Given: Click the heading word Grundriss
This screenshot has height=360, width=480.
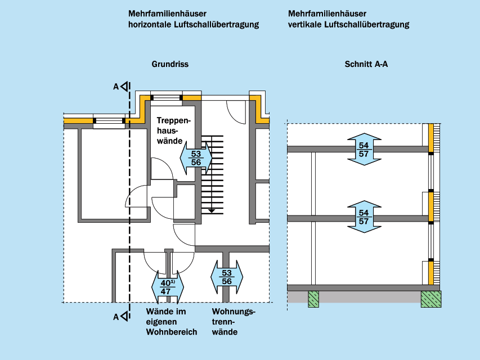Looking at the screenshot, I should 170,65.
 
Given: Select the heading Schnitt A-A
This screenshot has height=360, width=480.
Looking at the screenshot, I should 366,65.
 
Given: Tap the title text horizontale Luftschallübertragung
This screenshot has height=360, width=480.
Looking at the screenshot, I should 194,25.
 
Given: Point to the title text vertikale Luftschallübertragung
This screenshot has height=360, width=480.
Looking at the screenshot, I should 348,25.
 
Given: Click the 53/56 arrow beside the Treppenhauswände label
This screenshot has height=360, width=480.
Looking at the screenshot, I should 196,158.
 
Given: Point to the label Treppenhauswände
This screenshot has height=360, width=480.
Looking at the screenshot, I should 174,130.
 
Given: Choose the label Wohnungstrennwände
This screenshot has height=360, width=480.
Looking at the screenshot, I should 234,322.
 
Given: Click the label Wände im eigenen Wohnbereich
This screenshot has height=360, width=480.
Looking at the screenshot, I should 171,322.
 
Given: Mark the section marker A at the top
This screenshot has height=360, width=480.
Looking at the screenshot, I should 116,87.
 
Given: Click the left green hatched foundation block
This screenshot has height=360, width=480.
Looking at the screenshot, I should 313,299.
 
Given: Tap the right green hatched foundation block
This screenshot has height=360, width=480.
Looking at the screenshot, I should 431,299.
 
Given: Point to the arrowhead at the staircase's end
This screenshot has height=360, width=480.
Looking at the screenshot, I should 212,210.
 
